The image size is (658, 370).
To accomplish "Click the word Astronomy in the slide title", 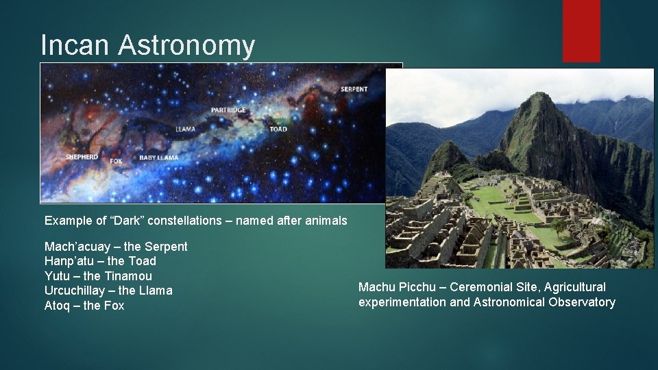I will coord(186,45).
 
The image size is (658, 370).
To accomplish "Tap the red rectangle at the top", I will coord(581,31).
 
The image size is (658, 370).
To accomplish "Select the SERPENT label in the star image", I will coord(354,89).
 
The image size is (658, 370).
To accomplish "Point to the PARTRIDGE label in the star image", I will coord(228,110).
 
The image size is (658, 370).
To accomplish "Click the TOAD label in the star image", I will coord(278,129).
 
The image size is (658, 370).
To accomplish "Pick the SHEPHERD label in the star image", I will coord(82,157).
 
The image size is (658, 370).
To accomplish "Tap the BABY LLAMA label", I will coord(158,158).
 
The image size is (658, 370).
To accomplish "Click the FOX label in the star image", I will coord(116,162).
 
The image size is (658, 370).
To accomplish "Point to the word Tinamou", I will coord(128,276).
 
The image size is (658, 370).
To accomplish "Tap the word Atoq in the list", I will coord(58,306).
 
